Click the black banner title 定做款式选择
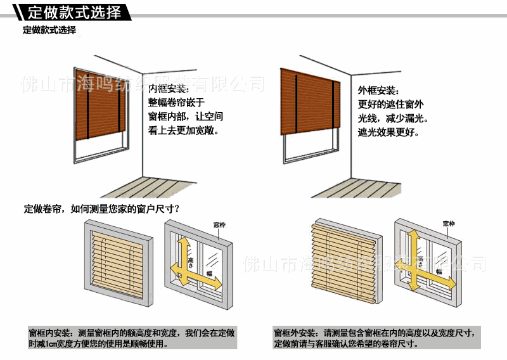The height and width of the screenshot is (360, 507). (75, 12)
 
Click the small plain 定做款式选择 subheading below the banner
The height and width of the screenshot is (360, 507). (49, 30)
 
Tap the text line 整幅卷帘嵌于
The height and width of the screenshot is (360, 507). (176, 103)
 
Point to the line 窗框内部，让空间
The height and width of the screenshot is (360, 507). (185, 117)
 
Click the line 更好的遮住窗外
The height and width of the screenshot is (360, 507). (391, 104)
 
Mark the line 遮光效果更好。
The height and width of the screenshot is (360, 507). (388, 132)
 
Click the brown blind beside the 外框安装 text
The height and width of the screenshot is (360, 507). (308, 102)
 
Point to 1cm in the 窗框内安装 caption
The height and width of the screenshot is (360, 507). (61, 344)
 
